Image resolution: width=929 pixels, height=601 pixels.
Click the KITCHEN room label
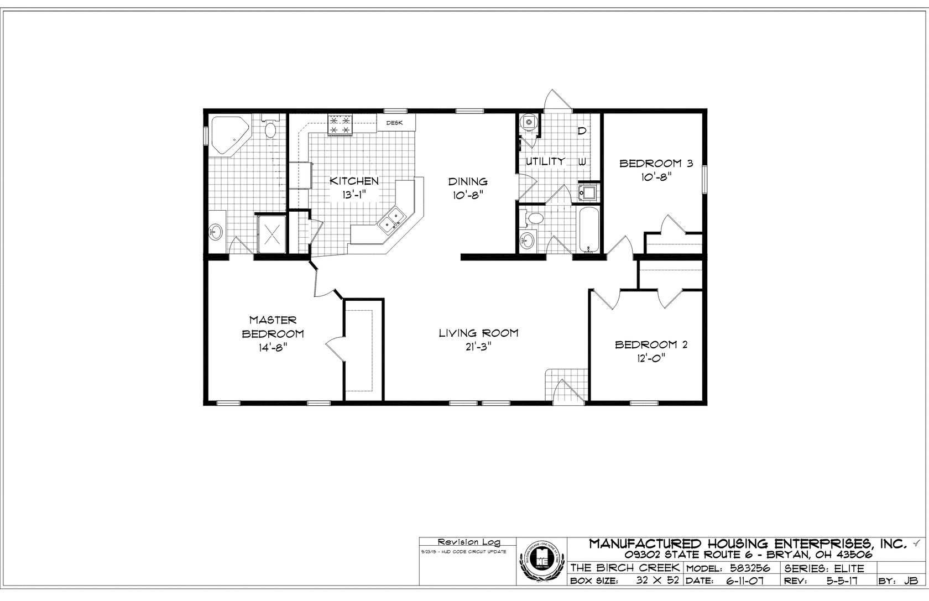(x=354, y=181)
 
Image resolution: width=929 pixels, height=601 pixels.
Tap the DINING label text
(x=467, y=181)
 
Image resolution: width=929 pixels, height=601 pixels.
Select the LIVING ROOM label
(x=478, y=333)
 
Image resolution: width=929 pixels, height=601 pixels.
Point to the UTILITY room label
(x=545, y=161)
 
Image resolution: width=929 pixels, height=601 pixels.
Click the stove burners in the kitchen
(x=340, y=124)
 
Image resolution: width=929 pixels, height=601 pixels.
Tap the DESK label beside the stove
(x=394, y=123)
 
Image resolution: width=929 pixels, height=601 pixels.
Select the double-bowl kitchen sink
(x=392, y=220)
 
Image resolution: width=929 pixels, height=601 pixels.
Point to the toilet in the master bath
(x=270, y=129)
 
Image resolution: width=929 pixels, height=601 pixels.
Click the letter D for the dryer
(x=582, y=131)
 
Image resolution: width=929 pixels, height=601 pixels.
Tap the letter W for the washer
(x=582, y=162)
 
